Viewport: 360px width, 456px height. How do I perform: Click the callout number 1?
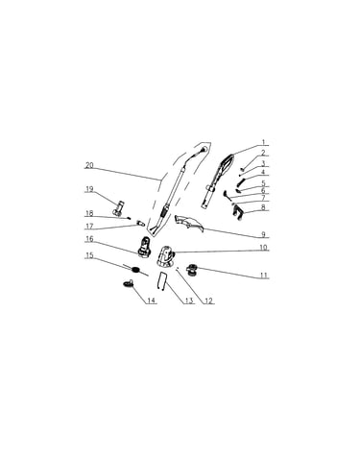tap(263, 142)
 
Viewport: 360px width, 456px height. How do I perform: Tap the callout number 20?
tap(89, 165)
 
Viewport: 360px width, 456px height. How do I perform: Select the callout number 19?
tap(89, 189)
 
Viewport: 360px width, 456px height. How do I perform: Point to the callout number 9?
tap(263, 234)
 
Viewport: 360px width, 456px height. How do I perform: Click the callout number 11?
tap(263, 276)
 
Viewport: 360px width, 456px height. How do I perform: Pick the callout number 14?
tap(152, 300)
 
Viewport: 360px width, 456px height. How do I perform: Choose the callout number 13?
tap(189, 300)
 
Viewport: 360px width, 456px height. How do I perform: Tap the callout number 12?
tap(208, 300)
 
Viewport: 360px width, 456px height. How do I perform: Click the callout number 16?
tap(89, 239)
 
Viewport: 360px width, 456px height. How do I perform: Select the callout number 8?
tap(263, 206)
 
